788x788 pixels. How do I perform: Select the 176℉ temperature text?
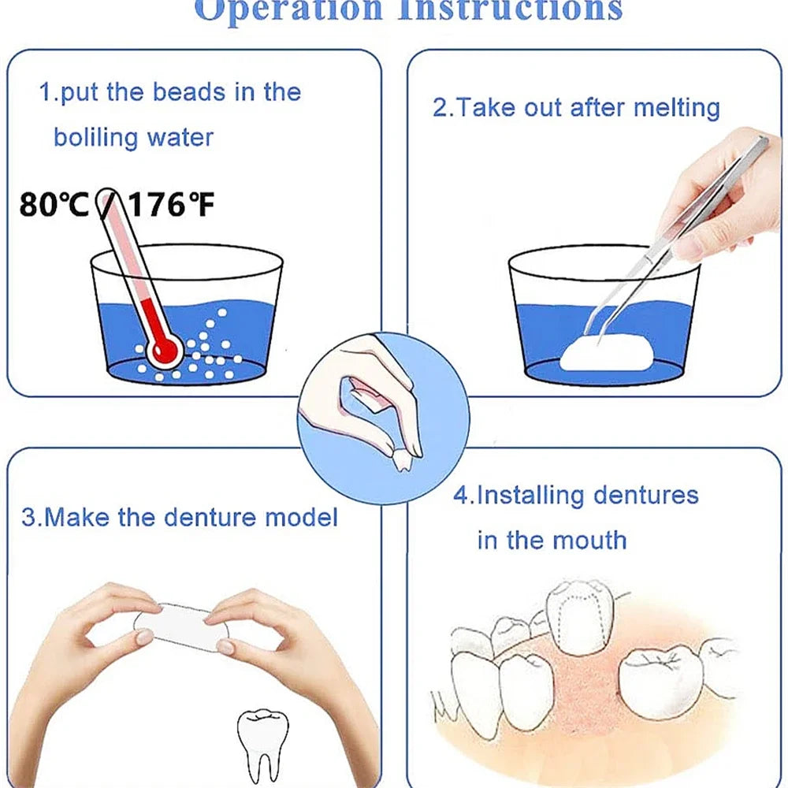tap(170, 206)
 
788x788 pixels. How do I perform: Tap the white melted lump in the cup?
tap(604, 352)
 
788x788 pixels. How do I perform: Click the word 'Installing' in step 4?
tap(531, 496)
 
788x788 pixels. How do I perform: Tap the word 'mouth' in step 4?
tap(591, 541)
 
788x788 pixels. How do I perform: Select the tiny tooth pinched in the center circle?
tap(411, 458)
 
